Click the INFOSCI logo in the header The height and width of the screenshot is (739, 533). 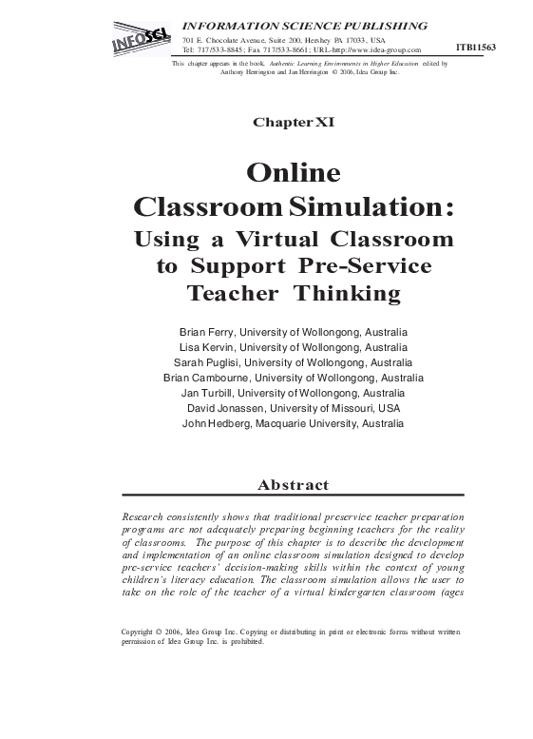coord(141,41)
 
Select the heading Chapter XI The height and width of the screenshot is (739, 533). coord(293,123)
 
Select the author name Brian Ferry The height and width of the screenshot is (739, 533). coord(206,332)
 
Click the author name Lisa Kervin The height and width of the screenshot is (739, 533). coord(208,347)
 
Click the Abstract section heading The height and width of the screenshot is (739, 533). coord(293,485)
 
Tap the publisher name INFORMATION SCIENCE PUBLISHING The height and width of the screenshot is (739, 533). coord(304,25)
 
